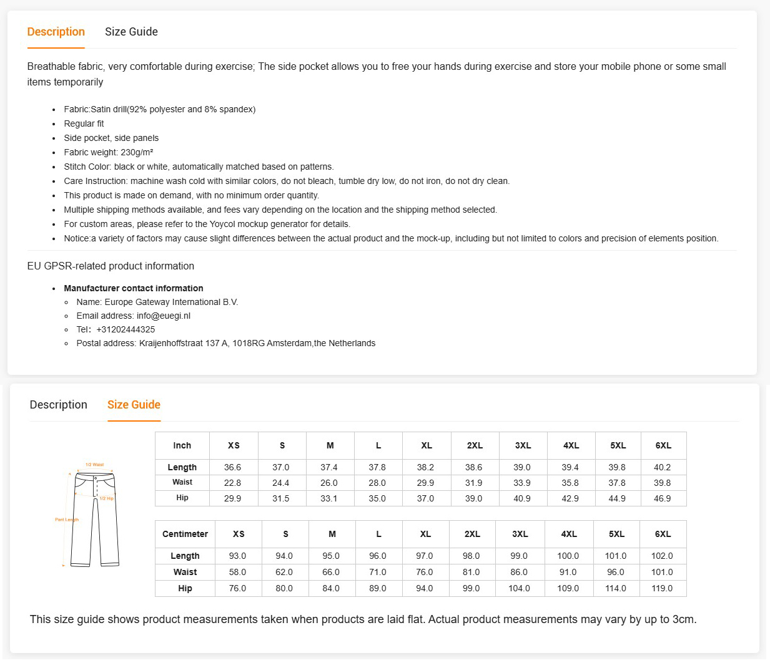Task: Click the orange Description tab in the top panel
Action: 56,32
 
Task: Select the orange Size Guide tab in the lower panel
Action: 134,405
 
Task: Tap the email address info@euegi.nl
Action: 164,316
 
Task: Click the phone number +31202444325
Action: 126,329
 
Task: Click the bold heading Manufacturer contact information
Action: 133,288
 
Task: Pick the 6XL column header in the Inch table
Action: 663,445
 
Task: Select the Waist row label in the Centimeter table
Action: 185,572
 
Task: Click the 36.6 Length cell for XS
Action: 232,467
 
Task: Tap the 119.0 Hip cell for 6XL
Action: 662,588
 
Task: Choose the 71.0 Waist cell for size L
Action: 378,572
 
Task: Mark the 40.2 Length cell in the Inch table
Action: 662,467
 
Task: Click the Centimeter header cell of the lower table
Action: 185,534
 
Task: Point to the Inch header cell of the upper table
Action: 182,445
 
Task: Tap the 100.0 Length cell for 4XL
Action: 568,556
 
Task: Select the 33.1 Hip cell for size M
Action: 329,498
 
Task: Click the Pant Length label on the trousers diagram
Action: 67,520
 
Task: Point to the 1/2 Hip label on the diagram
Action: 107,498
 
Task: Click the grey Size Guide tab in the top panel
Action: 131,32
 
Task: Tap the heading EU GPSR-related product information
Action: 111,266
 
